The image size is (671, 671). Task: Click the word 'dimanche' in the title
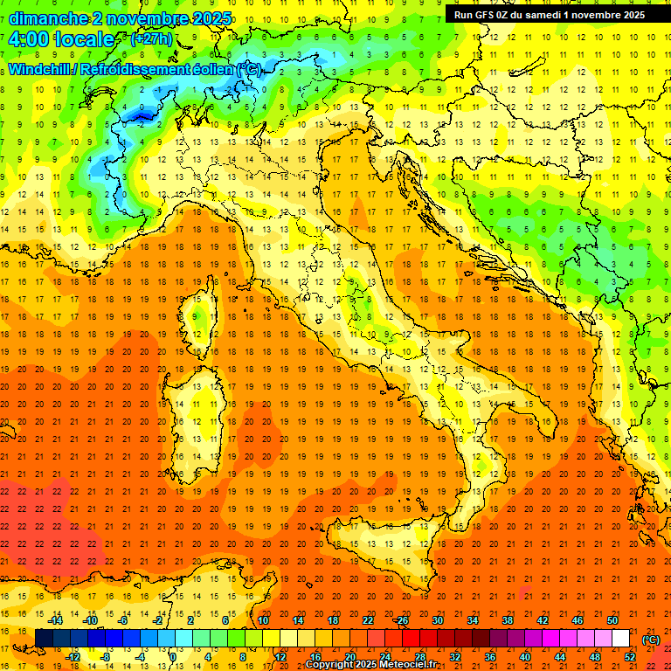(44, 18)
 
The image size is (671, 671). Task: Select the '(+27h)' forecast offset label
(151, 39)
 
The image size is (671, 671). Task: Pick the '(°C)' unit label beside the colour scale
(651, 640)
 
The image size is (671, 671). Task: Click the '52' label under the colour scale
(630, 656)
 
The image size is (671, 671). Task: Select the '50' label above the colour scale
(612, 620)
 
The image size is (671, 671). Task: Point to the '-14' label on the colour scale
(55, 620)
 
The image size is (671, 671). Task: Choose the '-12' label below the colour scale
(73, 656)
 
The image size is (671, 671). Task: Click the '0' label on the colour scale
(173, 656)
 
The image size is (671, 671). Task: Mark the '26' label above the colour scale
(402, 620)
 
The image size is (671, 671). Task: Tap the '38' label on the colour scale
(507, 620)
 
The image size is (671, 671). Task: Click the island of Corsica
(202, 310)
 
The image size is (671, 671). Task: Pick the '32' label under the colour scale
(455, 656)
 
